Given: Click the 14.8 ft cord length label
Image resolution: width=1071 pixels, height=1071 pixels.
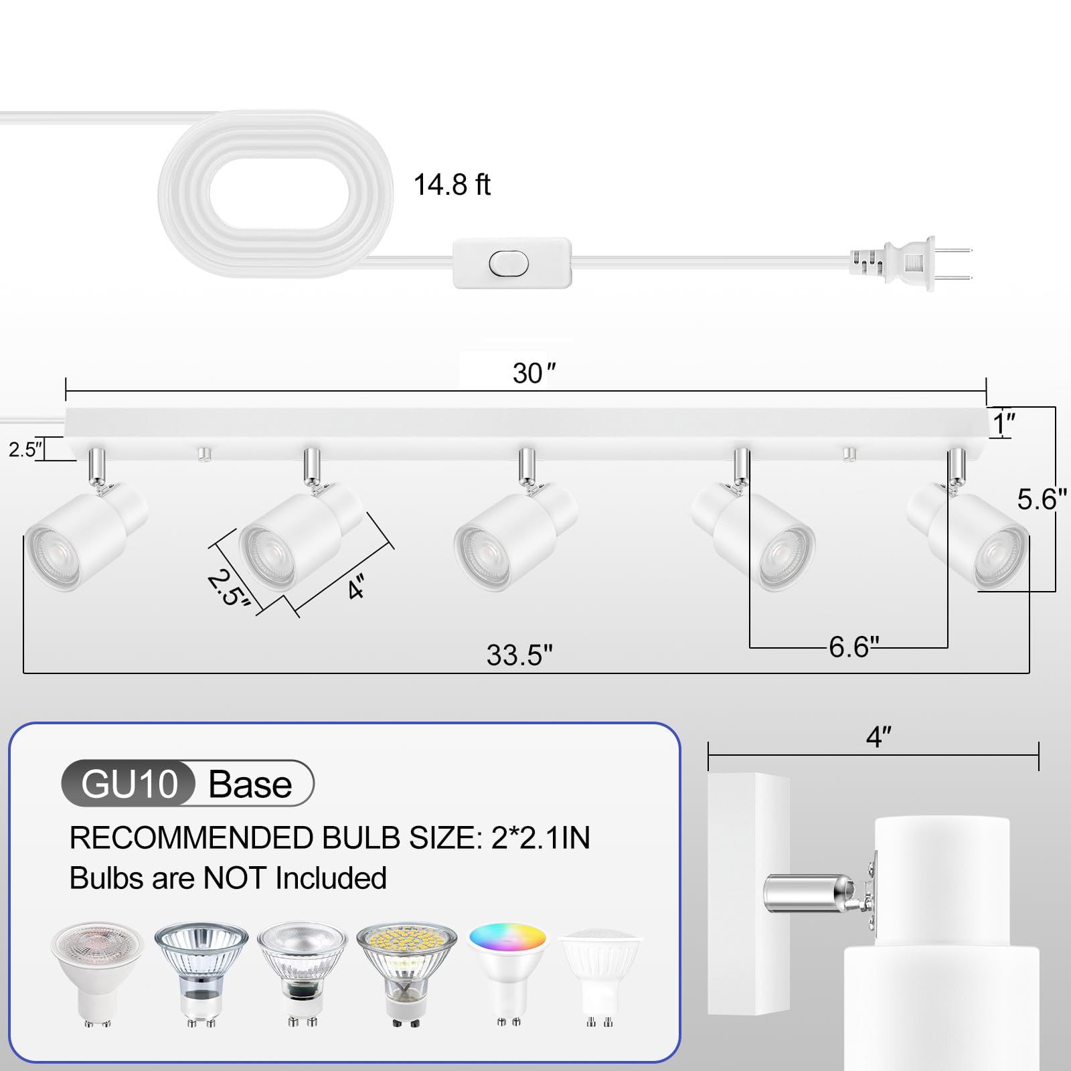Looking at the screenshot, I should pos(452,185).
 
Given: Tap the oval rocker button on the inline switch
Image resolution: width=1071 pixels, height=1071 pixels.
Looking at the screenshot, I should pos(508,264).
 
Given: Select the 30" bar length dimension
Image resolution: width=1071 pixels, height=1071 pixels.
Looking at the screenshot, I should pos(533,373).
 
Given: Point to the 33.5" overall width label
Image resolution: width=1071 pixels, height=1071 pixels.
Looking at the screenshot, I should pos(519,655).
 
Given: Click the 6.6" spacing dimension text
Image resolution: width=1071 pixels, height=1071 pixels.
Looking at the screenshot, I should pos(853,647).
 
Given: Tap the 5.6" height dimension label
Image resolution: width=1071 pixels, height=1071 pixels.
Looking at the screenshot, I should pos(1041,499).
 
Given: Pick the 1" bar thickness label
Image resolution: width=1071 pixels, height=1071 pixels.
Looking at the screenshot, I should pos(1004,424).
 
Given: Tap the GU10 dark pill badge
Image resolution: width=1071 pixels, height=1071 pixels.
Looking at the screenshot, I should pos(129,784).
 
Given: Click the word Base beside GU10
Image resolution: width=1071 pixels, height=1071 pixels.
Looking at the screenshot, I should pos(250,785).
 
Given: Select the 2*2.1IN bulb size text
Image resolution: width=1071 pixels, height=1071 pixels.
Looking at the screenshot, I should pos(540,838).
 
